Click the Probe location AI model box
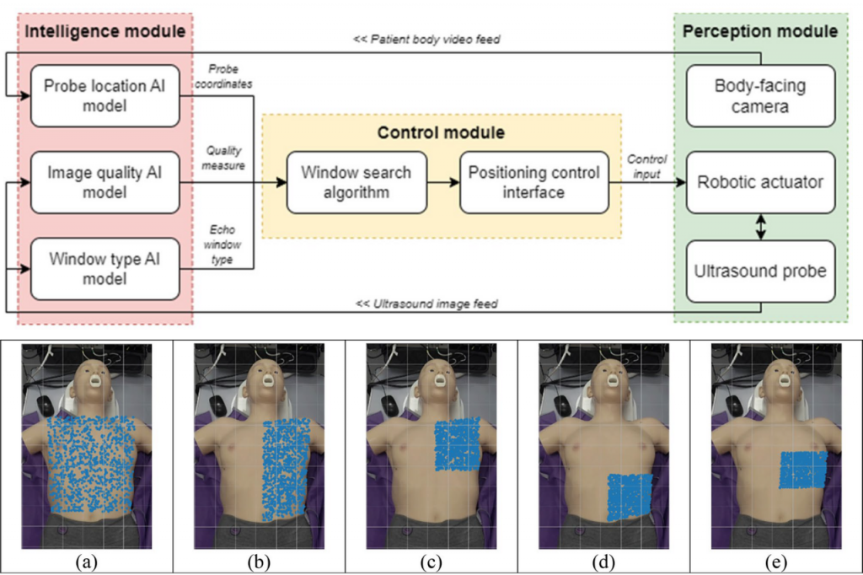(105, 94)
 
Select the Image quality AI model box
(105, 182)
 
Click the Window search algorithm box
(356, 182)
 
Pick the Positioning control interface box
(533, 182)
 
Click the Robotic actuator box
(760, 182)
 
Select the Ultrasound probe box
(760, 271)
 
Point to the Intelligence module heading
(105, 32)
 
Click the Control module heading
(441, 133)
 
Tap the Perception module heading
(760, 32)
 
